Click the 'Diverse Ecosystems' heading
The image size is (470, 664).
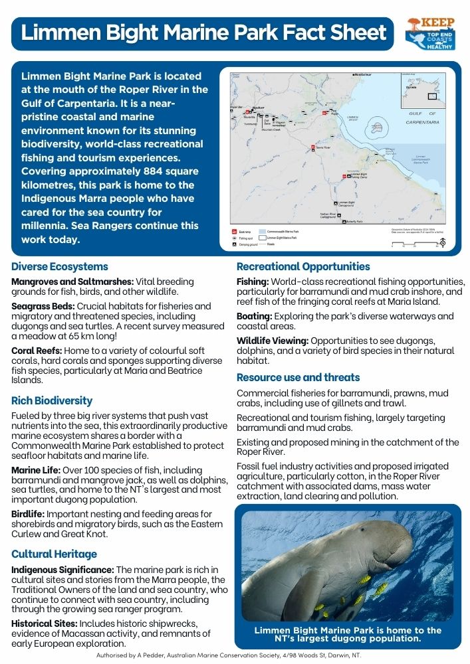click(x=60, y=267)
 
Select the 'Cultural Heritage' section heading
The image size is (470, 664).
click(x=55, y=554)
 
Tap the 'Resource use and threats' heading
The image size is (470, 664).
click(x=298, y=377)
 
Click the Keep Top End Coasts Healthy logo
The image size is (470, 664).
click(x=431, y=34)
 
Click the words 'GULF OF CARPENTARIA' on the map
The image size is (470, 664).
click(x=423, y=118)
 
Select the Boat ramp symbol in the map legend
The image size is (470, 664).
click(x=235, y=231)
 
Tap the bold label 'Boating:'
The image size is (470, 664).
click(x=253, y=317)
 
